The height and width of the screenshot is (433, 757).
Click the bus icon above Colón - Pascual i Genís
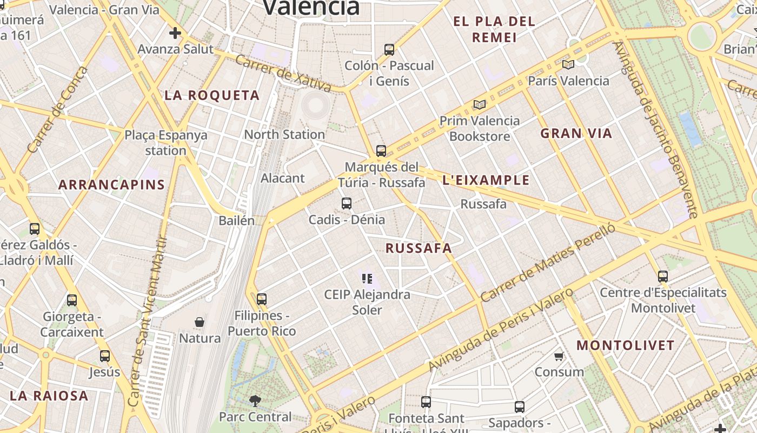coord(389,50)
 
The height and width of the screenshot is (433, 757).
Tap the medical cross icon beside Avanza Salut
coord(175,34)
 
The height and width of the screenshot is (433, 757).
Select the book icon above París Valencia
coord(568,65)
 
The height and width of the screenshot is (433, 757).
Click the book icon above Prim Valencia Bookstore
coord(479,104)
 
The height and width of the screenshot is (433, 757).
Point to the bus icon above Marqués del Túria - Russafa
coord(381,150)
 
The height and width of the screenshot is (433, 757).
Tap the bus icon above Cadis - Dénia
coord(347,204)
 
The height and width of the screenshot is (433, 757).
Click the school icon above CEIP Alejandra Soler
coord(367,279)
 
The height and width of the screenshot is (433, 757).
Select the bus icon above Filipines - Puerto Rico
coord(262,299)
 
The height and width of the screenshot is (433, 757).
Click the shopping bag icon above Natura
coord(200,322)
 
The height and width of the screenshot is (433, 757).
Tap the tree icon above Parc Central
coord(255,401)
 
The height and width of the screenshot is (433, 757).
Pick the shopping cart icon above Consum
coord(559,356)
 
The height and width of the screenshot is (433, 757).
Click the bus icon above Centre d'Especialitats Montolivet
coord(663,277)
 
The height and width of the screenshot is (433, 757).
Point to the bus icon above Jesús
coord(105,356)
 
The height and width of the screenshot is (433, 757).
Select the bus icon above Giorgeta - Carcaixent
coord(72,300)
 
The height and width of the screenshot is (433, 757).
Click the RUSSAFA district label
coord(419,248)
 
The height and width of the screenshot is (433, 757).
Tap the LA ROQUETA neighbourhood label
coord(212,96)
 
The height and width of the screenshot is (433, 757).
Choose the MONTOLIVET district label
coord(626,345)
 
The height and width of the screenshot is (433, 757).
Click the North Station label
coord(284,134)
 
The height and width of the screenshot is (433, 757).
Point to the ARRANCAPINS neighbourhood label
coord(111,185)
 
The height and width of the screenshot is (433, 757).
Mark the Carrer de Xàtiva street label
coord(283,73)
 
